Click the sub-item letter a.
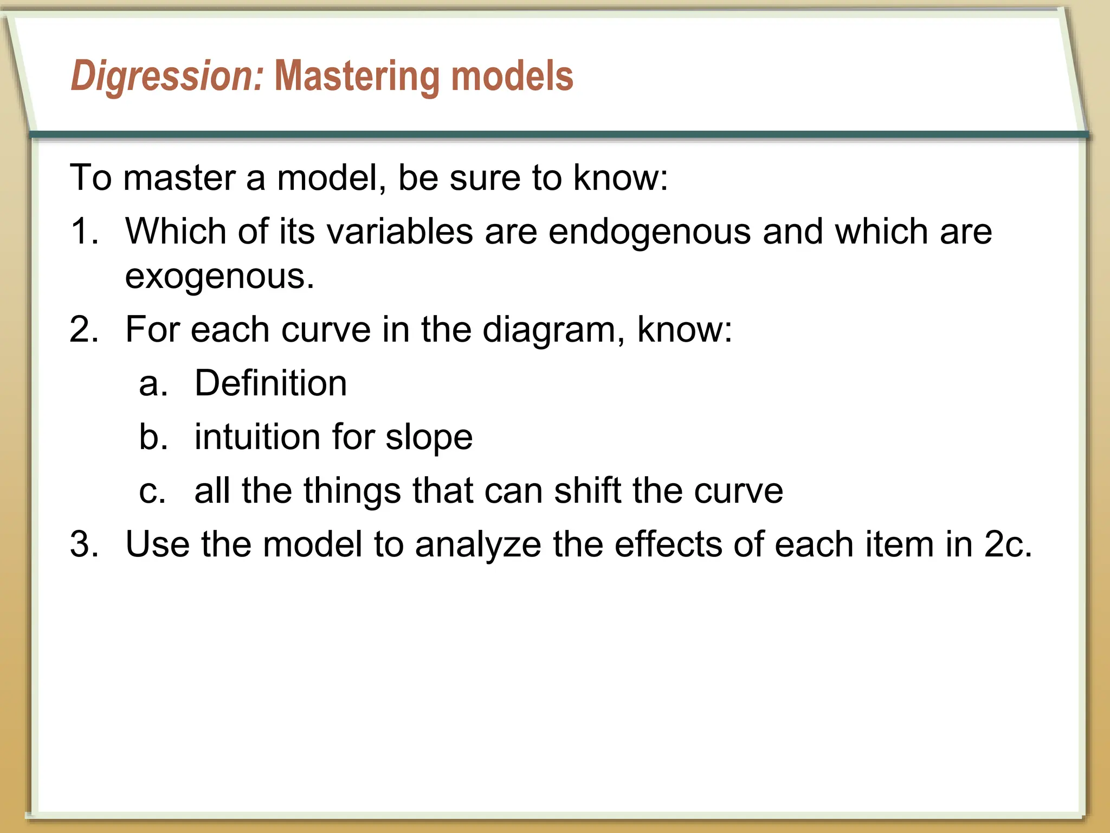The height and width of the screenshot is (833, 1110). click(x=152, y=383)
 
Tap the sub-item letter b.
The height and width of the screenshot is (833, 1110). click(x=152, y=437)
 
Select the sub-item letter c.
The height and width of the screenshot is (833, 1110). click(x=152, y=491)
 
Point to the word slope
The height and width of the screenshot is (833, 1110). click(x=429, y=437)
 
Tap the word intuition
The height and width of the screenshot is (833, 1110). click(x=257, y=437)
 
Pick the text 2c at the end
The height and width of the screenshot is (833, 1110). click(x=1007, y=544)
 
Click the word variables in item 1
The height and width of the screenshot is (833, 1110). click(x=400, y=232)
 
